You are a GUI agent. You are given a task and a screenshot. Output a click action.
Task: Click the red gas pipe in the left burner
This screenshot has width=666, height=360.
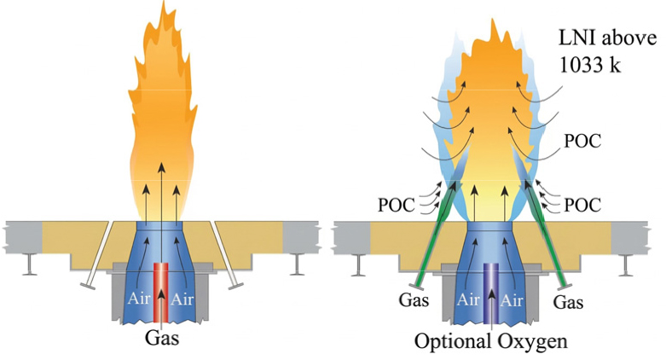(160, 293)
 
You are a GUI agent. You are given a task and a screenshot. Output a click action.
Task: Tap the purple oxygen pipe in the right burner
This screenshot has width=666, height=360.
(492, 293)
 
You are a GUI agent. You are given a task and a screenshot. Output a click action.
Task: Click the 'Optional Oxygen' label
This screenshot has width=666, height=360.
(490, 341)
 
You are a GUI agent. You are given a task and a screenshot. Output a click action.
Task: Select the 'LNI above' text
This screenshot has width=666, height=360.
(607, 38)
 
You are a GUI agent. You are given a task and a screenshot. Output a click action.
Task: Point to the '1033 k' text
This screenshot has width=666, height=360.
(589, 65)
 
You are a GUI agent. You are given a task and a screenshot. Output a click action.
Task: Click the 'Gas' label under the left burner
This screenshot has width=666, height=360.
(162, 339)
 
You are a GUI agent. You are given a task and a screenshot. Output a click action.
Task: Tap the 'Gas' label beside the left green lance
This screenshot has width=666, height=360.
(414, 299)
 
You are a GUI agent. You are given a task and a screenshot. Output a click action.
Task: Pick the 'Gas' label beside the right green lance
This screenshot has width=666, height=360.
(568, 302)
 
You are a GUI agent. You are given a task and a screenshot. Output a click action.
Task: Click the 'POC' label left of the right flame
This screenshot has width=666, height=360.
(397, 206)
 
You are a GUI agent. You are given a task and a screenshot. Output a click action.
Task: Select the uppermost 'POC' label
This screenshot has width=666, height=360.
(582, 142)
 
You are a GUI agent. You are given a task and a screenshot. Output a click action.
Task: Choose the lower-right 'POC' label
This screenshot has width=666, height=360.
(582, 206)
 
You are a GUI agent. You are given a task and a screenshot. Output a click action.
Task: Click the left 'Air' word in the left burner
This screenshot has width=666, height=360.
(139, 299)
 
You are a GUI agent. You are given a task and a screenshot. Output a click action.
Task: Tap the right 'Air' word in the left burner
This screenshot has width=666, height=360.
(182, 299)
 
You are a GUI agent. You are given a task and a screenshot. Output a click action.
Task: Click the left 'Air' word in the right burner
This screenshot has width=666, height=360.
(468, 299)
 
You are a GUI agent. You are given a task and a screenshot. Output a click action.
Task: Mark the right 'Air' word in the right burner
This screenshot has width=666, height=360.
(511, 300)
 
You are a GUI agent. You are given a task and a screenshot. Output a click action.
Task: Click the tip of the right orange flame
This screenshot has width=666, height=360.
(492, 19)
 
